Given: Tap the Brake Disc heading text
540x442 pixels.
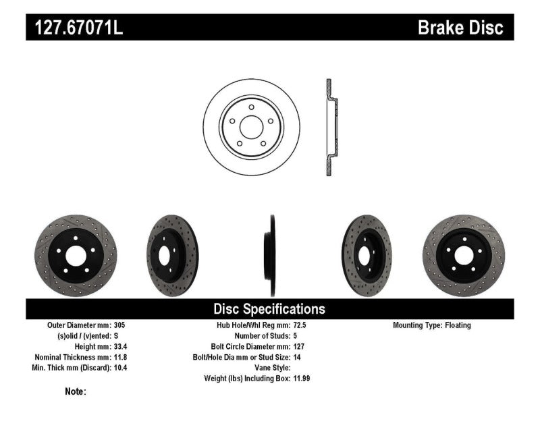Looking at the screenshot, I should [460, 28].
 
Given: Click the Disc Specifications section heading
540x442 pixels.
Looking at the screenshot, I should [269, 309].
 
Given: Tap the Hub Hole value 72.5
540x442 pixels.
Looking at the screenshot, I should [300, 325].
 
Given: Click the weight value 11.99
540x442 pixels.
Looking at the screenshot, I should [302, 379].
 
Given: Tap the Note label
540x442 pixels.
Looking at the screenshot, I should [76, 391].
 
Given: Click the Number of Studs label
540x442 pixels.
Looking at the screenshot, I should [261, 336].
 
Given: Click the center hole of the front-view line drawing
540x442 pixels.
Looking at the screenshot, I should [251, 128].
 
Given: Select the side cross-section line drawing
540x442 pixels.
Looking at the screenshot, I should [329, 128].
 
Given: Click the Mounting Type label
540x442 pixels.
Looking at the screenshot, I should [417, 325].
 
